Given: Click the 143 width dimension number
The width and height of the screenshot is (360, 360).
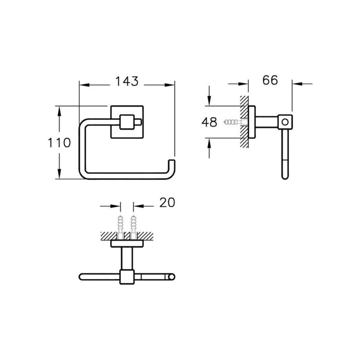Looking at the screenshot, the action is pyautogui.click(x=127, y=81).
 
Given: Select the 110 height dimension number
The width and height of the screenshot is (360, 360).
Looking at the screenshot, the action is pyautogui.click(x=59, y=142).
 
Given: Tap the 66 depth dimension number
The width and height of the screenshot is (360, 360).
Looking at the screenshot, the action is pyautogui.click(x=270, y=80).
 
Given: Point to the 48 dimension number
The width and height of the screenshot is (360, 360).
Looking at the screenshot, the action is pyautogui.click(x=209, y=122).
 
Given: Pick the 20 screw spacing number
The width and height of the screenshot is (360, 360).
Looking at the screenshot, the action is pyautogui.click(x=167, y=203).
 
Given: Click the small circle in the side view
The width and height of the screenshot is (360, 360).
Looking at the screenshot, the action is pyautogui.click(x=285, y=122).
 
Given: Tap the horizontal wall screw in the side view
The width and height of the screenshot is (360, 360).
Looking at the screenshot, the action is pyautogui.click(x=236, y=122).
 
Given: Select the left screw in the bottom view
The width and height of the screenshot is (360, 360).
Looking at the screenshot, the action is pyautogui.click(x=120, y=227).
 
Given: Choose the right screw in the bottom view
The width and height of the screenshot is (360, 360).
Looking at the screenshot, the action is pyautogui.click(x=134, y=227).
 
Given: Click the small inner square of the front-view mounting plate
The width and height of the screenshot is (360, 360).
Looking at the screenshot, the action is pyautogui.click(x=127, y=122).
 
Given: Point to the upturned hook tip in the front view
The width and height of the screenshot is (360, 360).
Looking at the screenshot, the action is pyautogui.click(x=172, y=163).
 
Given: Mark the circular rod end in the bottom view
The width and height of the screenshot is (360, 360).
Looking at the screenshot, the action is pyautogui.click(x=172, y=277).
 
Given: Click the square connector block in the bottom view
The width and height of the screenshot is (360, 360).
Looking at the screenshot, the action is pyautogui.click(x=127, y=277).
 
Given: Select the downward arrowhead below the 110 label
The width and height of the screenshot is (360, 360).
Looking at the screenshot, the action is pyautogui.click(x=60, y=174).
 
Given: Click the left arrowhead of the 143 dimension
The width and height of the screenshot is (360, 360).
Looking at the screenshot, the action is pyautogui.click(x=84, y=85).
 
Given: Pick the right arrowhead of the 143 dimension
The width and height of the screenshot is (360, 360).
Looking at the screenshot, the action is pyautogui.click(x=170, y=85).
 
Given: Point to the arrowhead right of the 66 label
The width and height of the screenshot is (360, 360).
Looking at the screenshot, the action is pyautogui.click(x=297, y=84).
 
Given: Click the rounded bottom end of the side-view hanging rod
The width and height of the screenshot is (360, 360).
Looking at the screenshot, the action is pyautogui.click(x=285, y=176).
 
